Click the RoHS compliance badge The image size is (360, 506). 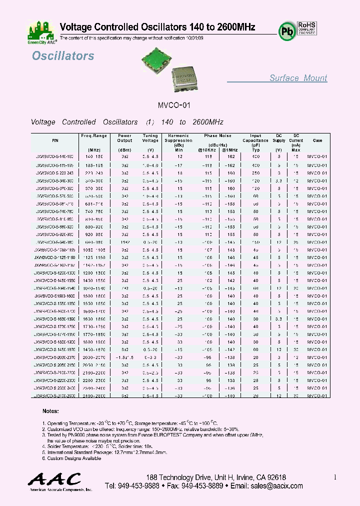(307, 30)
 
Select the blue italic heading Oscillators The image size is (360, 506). (63, 56)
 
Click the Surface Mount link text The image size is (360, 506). (298, 78)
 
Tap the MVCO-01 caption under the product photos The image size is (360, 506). (174, 105)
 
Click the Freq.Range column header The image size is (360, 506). (94, 135)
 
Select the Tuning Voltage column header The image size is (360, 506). (150, 138)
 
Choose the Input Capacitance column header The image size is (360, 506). (255, 138)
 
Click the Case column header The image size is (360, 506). (317, 140)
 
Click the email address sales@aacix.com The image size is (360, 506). (277, 486)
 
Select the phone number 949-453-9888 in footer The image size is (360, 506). (139, 486)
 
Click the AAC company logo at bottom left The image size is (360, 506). (54, 481)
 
